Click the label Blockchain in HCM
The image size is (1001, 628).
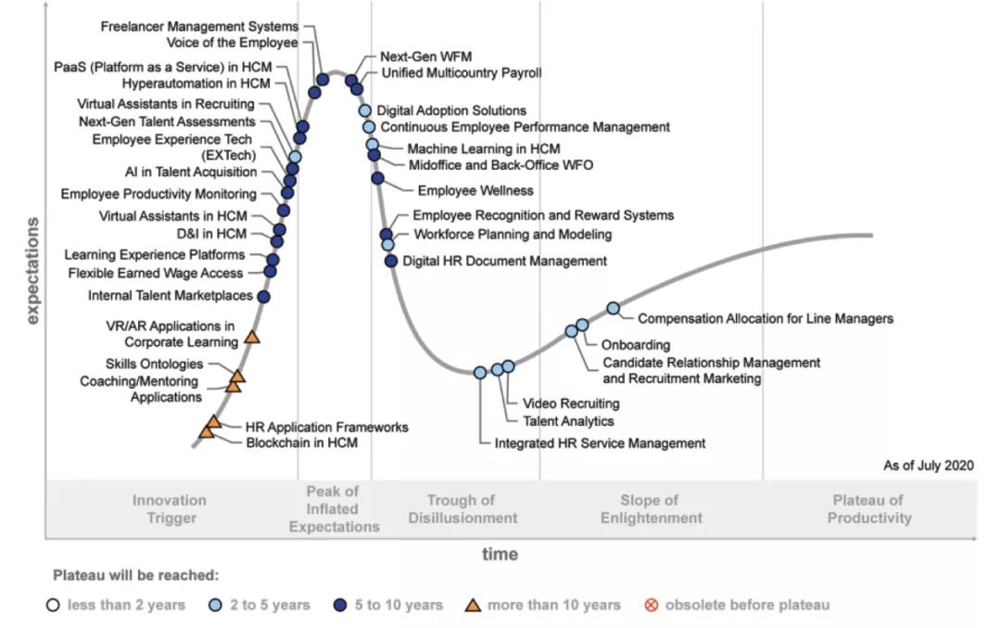(x=301, y=443)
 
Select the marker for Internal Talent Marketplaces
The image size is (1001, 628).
(x=263, y=297)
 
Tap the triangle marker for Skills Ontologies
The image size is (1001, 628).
(x=237, y=376)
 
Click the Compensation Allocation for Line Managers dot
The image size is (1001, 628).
(x=613, y=308)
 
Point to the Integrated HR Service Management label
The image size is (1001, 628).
(x=600, y=443)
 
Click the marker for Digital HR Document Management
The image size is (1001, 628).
(x=391, y=261)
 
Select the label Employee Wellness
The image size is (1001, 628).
(x=475, y=190)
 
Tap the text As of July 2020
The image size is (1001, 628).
(x=928, y=466)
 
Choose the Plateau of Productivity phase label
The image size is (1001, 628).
(x=870, y=509)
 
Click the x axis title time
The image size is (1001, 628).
(x=500, y=555)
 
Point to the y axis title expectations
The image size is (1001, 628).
(x=33, y=271)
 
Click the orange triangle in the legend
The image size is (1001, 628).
(x=472, y=605)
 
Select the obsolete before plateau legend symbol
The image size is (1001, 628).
(x=651, y=605)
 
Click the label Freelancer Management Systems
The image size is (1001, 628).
(x=199, y=27)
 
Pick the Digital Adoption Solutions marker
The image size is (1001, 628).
(x=365, y=110)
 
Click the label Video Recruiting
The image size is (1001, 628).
(x=571, y=404)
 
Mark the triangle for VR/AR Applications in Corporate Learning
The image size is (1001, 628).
(x=252, y=337)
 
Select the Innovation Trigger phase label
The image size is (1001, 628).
(x=169, y=509)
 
